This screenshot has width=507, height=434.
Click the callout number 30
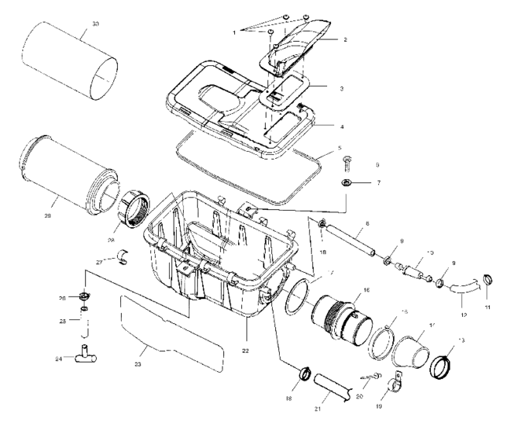tap(95, 24)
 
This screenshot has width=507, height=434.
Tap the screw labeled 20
tap(371, 377)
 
